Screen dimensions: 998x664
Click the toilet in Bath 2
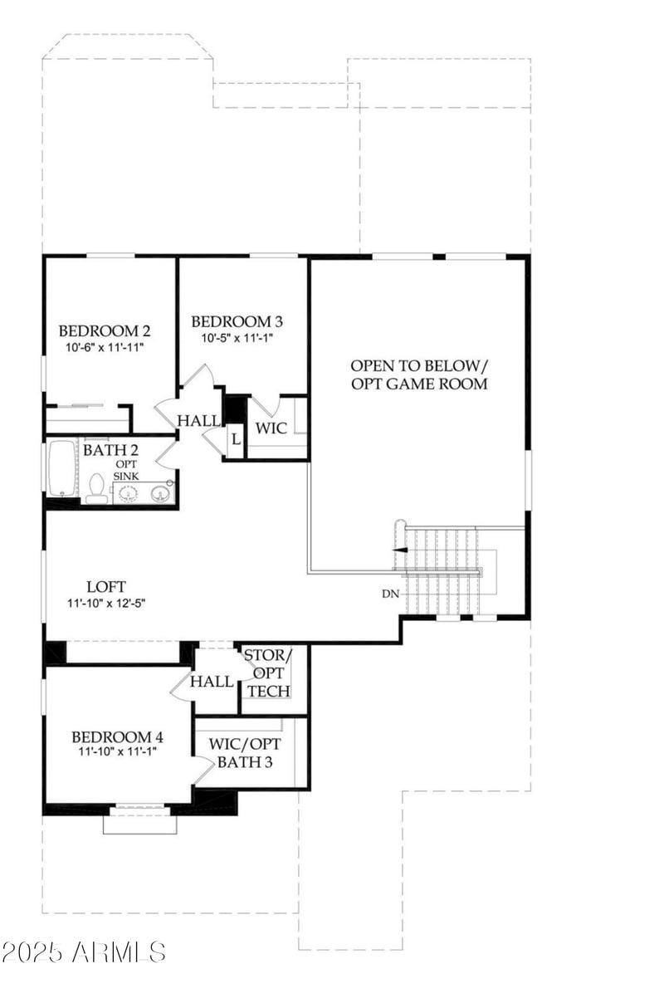coord(96,488)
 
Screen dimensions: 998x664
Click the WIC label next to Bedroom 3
coord(271,428)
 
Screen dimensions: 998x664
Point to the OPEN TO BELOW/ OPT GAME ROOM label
coord(418,374)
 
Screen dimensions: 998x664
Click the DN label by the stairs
coord(390,594)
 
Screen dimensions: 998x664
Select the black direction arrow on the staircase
coord(400,549)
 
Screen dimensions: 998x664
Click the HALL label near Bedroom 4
coord(212,682)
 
